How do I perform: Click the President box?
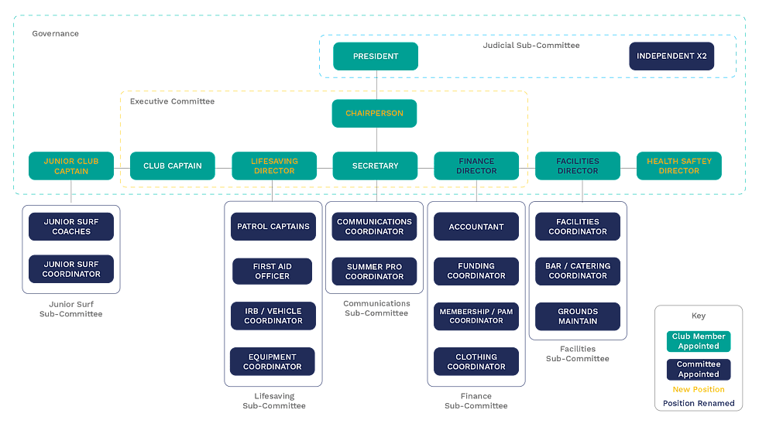[376, 56]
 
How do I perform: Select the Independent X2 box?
[671, 56]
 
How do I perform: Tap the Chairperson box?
[375, 113]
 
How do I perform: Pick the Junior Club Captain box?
[71, 166]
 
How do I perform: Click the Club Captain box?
[173, 166]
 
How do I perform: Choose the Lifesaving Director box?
[274, 166]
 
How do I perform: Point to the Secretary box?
[375, 166]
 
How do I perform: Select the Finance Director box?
[476, 166]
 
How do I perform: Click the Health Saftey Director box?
[679, 166]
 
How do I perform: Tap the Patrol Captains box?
[273, 227]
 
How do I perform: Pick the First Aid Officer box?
[273, 271]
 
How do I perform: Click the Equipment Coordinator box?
[273, 361]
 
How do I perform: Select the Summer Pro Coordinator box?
[375, 272]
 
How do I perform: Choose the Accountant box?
[476, 227]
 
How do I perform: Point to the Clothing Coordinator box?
[476, 361]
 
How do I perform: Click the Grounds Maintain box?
[578, 316]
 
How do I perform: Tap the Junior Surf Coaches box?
[71, 227]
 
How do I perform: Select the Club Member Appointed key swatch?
[699, 341]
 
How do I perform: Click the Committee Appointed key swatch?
[699, 369]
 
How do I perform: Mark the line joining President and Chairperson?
[376, 85]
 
